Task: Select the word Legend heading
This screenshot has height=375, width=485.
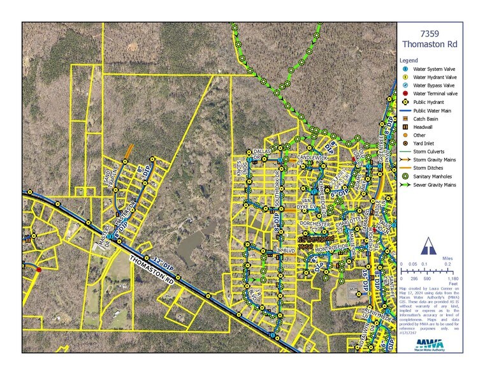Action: pos(410,59)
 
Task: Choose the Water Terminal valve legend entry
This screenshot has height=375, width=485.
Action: pos(437,93)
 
